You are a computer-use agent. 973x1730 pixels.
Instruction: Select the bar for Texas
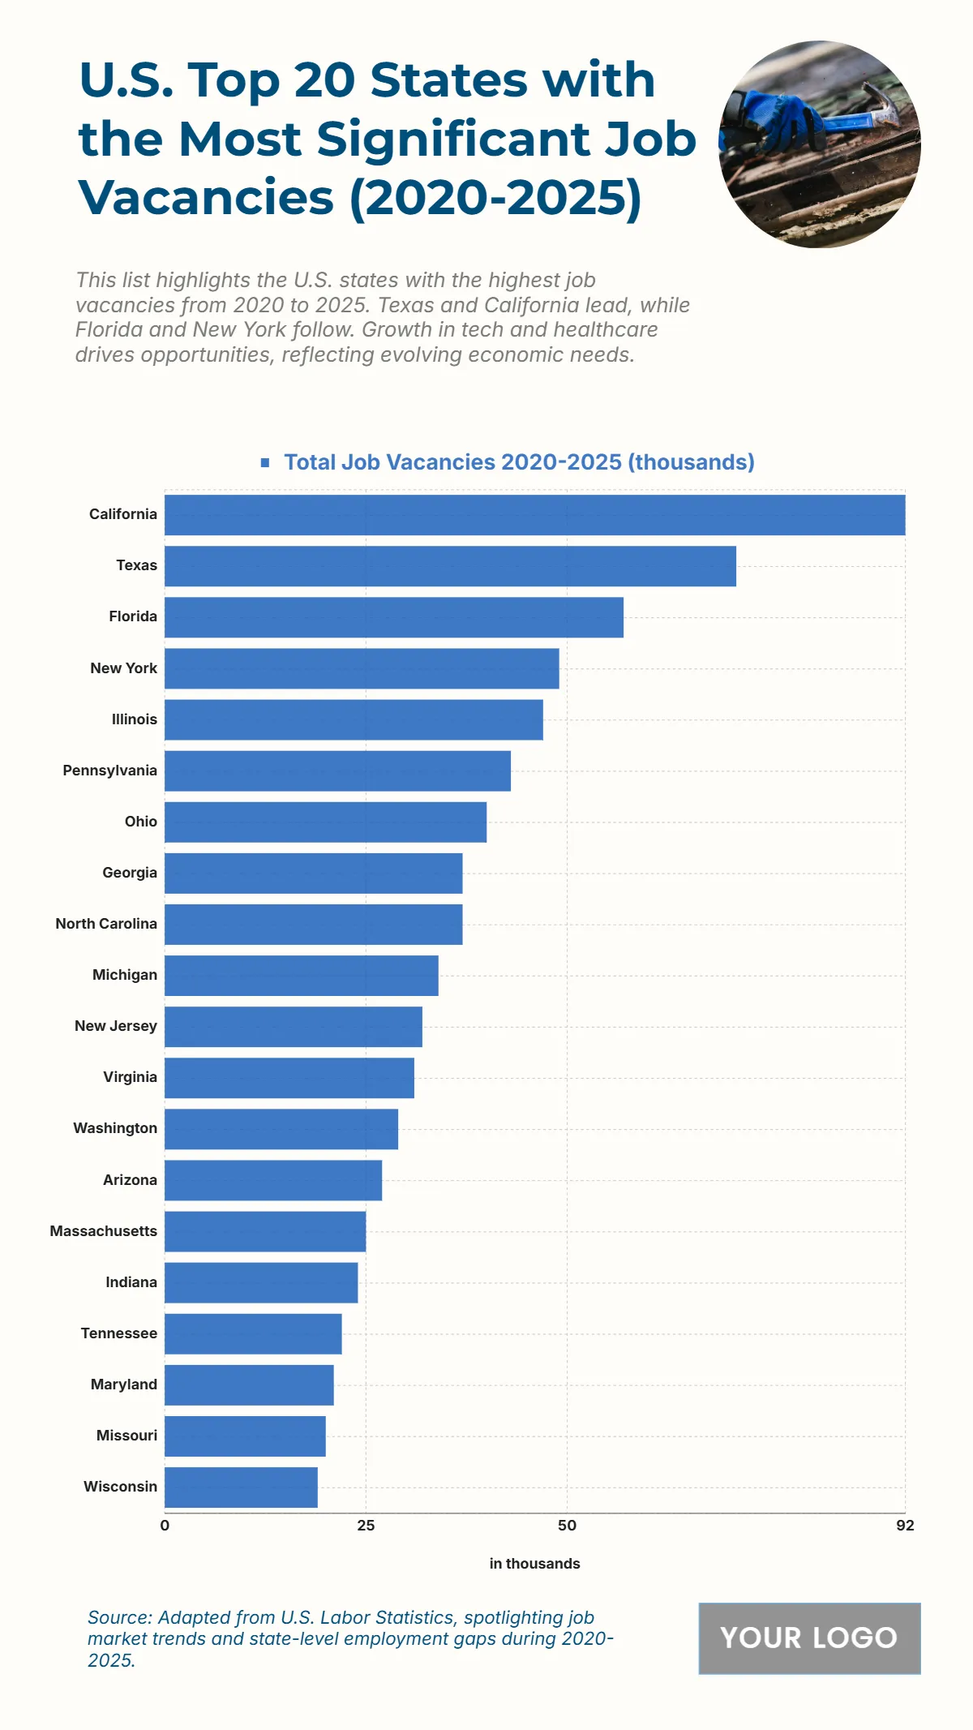coord(450,566)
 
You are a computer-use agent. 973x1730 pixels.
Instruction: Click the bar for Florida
coord(394,617)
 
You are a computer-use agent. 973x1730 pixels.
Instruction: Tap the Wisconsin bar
coord(241,1487)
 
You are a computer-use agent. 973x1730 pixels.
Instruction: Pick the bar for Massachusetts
coord(265,1231)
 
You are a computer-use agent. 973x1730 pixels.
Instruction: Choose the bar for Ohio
coord(325,822)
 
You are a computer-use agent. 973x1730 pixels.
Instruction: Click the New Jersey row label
coord(116,1026)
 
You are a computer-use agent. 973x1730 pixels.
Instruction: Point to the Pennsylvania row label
coord(110,771)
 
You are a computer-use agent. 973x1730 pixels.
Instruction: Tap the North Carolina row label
coord(106,924)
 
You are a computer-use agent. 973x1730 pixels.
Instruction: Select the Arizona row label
coord(130,1180)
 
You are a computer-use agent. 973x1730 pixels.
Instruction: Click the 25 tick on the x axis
coord(366,1526)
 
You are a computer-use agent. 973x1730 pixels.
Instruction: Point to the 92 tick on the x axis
coord(905,1526)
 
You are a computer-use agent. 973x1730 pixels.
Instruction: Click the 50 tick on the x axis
coord(567,1526)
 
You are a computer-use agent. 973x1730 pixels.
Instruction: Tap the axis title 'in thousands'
coord(534,1564)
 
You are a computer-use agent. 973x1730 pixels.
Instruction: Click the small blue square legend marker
coord(265,462)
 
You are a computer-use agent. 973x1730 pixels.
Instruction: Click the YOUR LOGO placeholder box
coord(809,1638)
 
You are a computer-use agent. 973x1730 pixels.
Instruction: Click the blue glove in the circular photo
coord(774,122)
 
